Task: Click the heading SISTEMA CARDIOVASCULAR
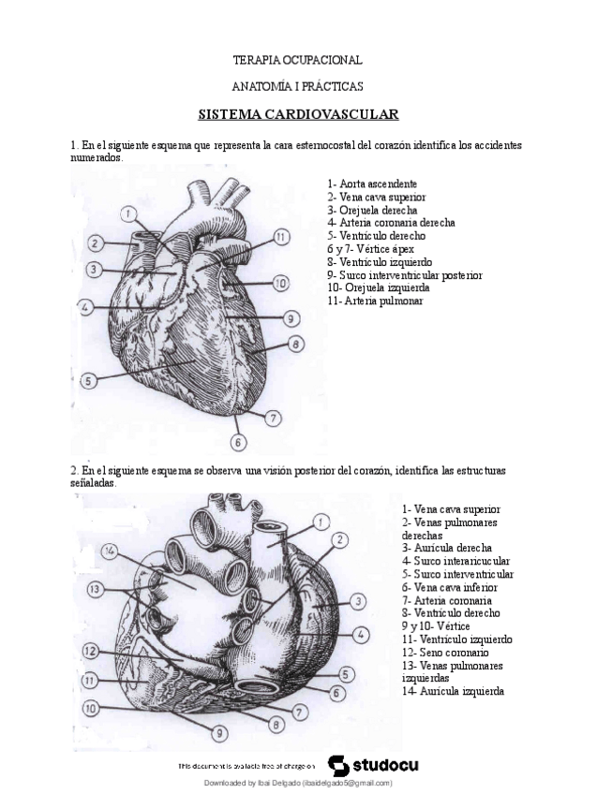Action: click(298, 115)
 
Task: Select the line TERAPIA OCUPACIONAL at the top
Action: click(297, 60)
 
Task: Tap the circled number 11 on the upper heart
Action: click(281, 237)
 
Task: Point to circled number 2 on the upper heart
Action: click(95, 244)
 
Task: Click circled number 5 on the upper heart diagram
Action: click(88, 381)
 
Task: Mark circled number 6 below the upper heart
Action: click(239, 441)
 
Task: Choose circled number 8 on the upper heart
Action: click(294, 346)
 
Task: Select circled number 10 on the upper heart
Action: click(280, 282)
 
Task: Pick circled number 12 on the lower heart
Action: click(91, 650)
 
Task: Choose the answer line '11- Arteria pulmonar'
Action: click(375, 301)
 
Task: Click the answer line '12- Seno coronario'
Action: click(444, 652)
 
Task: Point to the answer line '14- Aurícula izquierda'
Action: click(454, 691)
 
